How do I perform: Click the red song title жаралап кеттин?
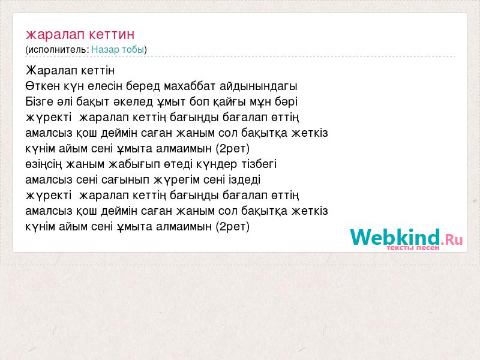click(80, 34)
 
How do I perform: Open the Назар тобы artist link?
click(118, 49)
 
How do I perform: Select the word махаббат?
click(190, 86)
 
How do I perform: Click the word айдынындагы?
click(259, 86)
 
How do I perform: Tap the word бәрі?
click(286, 102)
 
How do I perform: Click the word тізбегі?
click(259, 164)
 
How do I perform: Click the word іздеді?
click(244, 180)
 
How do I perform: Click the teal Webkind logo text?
click(395, 237)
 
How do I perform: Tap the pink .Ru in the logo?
click(452, 239)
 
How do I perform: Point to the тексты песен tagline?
click(413, 248)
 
